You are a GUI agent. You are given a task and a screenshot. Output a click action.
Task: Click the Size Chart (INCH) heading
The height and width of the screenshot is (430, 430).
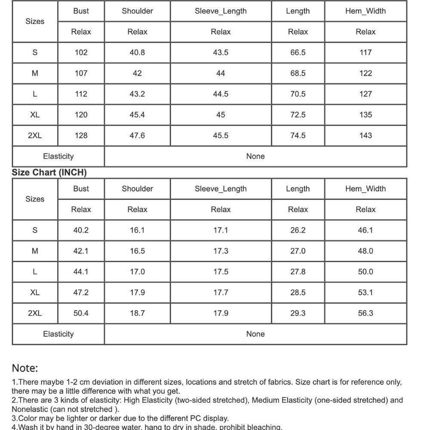point(49,172)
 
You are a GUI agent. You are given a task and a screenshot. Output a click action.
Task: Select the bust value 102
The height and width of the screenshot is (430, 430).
point(81,52)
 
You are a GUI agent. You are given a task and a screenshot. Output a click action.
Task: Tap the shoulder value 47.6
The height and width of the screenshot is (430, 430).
point(137,135)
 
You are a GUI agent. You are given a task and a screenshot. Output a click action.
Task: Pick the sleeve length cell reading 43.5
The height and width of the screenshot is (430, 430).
point(221,52)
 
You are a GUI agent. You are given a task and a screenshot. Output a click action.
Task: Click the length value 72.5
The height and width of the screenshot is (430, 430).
point(298,115)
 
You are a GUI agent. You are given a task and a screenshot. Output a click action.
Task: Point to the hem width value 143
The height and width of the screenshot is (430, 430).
point(365,135)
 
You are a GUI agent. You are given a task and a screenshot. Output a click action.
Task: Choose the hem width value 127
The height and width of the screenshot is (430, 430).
point(365,94)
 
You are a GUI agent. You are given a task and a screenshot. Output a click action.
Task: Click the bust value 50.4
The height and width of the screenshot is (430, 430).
point(81,313)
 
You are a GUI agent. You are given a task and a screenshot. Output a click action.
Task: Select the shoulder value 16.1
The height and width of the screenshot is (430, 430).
point(137,230)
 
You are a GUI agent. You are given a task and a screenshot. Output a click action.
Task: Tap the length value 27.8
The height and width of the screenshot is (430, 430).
point(298,272)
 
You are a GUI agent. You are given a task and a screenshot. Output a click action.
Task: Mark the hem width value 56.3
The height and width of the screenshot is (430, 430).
point(365,313)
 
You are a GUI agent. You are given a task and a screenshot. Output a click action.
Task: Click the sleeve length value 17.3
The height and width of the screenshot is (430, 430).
point(221,251)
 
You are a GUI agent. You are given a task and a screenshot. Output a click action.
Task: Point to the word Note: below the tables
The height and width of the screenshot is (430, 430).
point(25,368)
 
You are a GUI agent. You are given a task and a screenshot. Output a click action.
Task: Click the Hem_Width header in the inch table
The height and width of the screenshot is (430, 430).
point(365,189)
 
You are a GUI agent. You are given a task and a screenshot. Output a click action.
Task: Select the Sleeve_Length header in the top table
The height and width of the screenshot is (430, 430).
point(221,11)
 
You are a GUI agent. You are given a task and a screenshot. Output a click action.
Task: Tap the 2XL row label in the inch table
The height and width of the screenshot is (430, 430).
point(35,313)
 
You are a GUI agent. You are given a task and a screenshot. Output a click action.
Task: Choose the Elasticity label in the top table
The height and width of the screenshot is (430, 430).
point(58,156)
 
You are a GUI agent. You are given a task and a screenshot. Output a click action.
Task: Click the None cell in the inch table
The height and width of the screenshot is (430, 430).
point(255,334)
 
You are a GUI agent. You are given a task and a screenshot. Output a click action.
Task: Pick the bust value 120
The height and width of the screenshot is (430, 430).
point(81,115)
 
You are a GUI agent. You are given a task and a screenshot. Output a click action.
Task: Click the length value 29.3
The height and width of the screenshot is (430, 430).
point(298,313)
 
